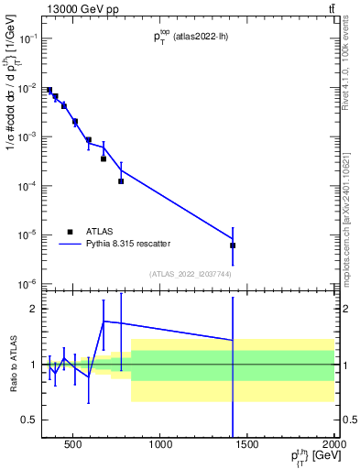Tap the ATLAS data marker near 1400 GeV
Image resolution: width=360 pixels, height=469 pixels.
[233, 245]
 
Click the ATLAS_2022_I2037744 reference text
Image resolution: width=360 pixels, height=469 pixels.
[190, 274]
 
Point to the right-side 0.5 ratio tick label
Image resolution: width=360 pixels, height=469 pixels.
[348, 420]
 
